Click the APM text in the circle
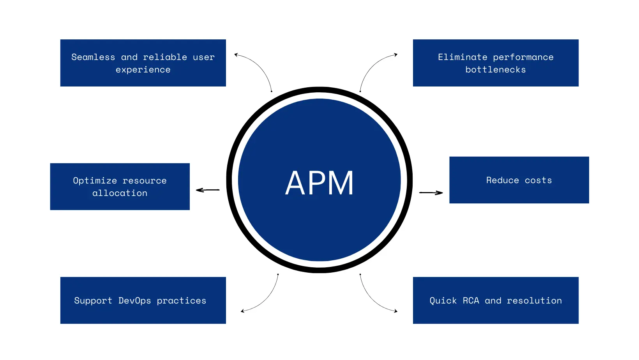tap(319, 183)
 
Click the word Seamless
tap(93, 57)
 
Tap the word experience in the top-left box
tap(143, 70)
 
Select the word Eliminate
tap(462, 57)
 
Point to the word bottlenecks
tap(496, 70)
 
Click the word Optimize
tap(95, 181)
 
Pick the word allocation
tap(120, 193)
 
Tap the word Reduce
tap(503, 180)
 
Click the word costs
tap(538, 180)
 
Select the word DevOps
tap(134, 301)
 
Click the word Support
tap(93, 301)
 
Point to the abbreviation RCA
tap(471, 301)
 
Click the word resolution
tap(534, 301)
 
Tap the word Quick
tap(443, 301)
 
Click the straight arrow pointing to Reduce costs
tap(431, 192)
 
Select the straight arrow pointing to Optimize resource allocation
tap(208, 190)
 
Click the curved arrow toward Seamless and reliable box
tap(259, 66)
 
